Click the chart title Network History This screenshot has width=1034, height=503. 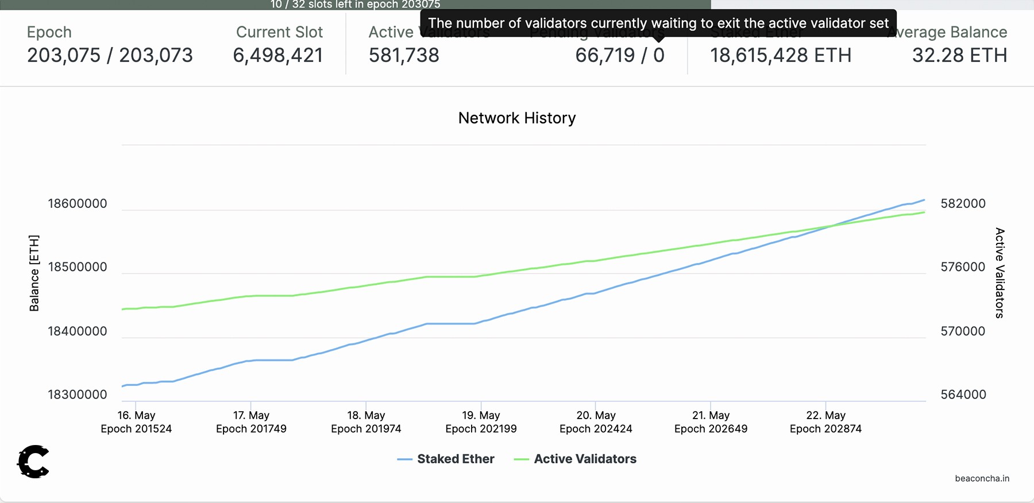516,118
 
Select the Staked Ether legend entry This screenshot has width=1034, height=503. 446,459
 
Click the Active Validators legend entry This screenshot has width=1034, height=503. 576,459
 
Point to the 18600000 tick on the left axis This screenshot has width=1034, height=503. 77,204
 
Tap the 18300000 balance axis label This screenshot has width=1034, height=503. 77,394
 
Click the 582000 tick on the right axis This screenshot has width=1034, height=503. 963,204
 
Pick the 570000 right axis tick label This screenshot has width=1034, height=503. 963,331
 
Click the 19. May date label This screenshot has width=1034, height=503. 481,415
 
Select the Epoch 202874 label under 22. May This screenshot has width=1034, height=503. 825,429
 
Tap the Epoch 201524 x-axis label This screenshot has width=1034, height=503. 136,429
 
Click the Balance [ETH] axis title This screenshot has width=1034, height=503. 34,273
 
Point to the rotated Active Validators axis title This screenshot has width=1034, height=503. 1000,273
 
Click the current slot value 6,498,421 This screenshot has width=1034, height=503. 278,56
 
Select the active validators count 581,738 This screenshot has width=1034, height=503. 404,56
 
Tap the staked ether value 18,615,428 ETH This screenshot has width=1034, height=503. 781,56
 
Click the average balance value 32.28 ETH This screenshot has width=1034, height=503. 959,56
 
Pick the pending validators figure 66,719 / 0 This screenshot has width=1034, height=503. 620,56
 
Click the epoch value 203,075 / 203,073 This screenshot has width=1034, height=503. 110,56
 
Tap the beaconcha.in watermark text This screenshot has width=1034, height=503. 982,478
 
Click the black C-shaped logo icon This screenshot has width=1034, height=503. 33,461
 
